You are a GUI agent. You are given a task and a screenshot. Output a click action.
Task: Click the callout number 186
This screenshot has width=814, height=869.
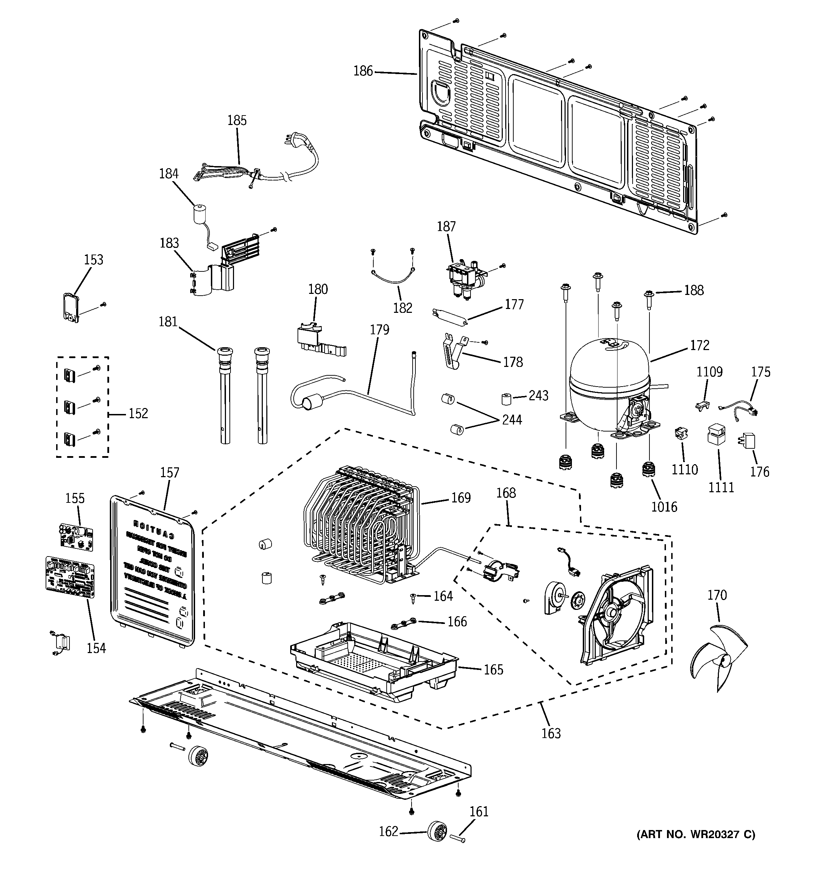(x=363, y=71)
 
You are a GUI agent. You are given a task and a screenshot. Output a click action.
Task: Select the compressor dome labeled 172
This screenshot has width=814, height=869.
(x=609, y=371)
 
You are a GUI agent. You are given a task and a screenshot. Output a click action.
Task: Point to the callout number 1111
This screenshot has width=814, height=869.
(x=721, y=487)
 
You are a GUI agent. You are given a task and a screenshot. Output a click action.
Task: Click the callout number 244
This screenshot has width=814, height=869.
(x=512, y=420)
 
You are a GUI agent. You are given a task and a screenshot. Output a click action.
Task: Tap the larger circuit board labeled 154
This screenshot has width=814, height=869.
(x=70, y=577)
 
